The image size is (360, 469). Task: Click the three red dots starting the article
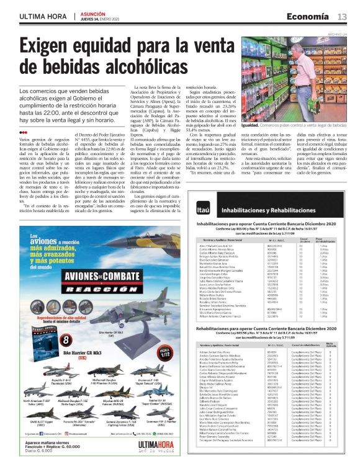(23, 133)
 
